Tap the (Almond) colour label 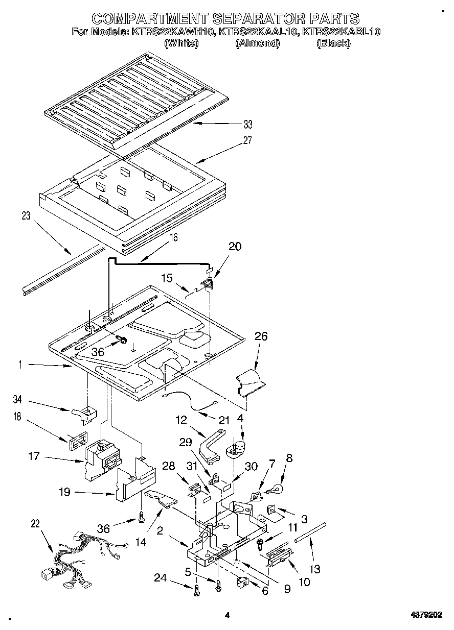coord(257,43)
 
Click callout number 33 coord(248,124)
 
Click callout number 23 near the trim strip coord(26,216)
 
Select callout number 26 coord(261,337)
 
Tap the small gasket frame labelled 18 coord(76,440)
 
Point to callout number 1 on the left coord(21,365)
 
